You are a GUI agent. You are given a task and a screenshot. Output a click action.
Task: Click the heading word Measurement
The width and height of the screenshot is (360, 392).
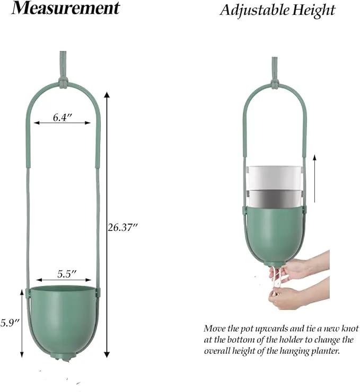tap(66, 8)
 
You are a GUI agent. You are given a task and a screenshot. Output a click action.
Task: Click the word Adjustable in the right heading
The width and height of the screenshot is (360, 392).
tap(254, 11)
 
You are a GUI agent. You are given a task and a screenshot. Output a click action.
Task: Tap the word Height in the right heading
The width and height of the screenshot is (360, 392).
tap(314, 11)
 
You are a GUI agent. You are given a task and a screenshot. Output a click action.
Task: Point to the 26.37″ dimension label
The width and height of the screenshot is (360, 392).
tap(123, 227)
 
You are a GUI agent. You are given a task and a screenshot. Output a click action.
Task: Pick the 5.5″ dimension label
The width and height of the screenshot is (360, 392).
tap(66, 274)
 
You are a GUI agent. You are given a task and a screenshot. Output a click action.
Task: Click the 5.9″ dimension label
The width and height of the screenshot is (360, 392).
tap(10, 323)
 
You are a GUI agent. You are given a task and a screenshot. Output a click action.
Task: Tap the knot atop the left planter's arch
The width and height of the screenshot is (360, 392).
tap(63, 83)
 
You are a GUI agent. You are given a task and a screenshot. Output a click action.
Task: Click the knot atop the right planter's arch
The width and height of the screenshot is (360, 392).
tap(275, 85)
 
